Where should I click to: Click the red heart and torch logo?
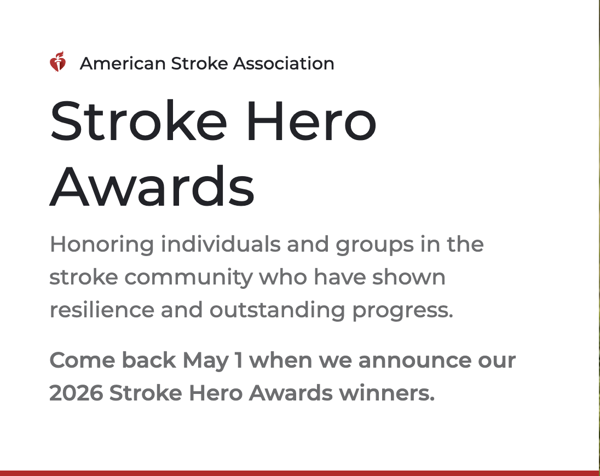[x=57, y=62]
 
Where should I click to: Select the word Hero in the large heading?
[x=311, y=121]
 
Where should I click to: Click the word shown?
[x=408, y=277]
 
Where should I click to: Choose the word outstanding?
[x=277, y=310]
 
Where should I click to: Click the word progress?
[x=402, y=311]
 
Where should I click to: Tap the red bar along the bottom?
[x=299, y=473]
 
